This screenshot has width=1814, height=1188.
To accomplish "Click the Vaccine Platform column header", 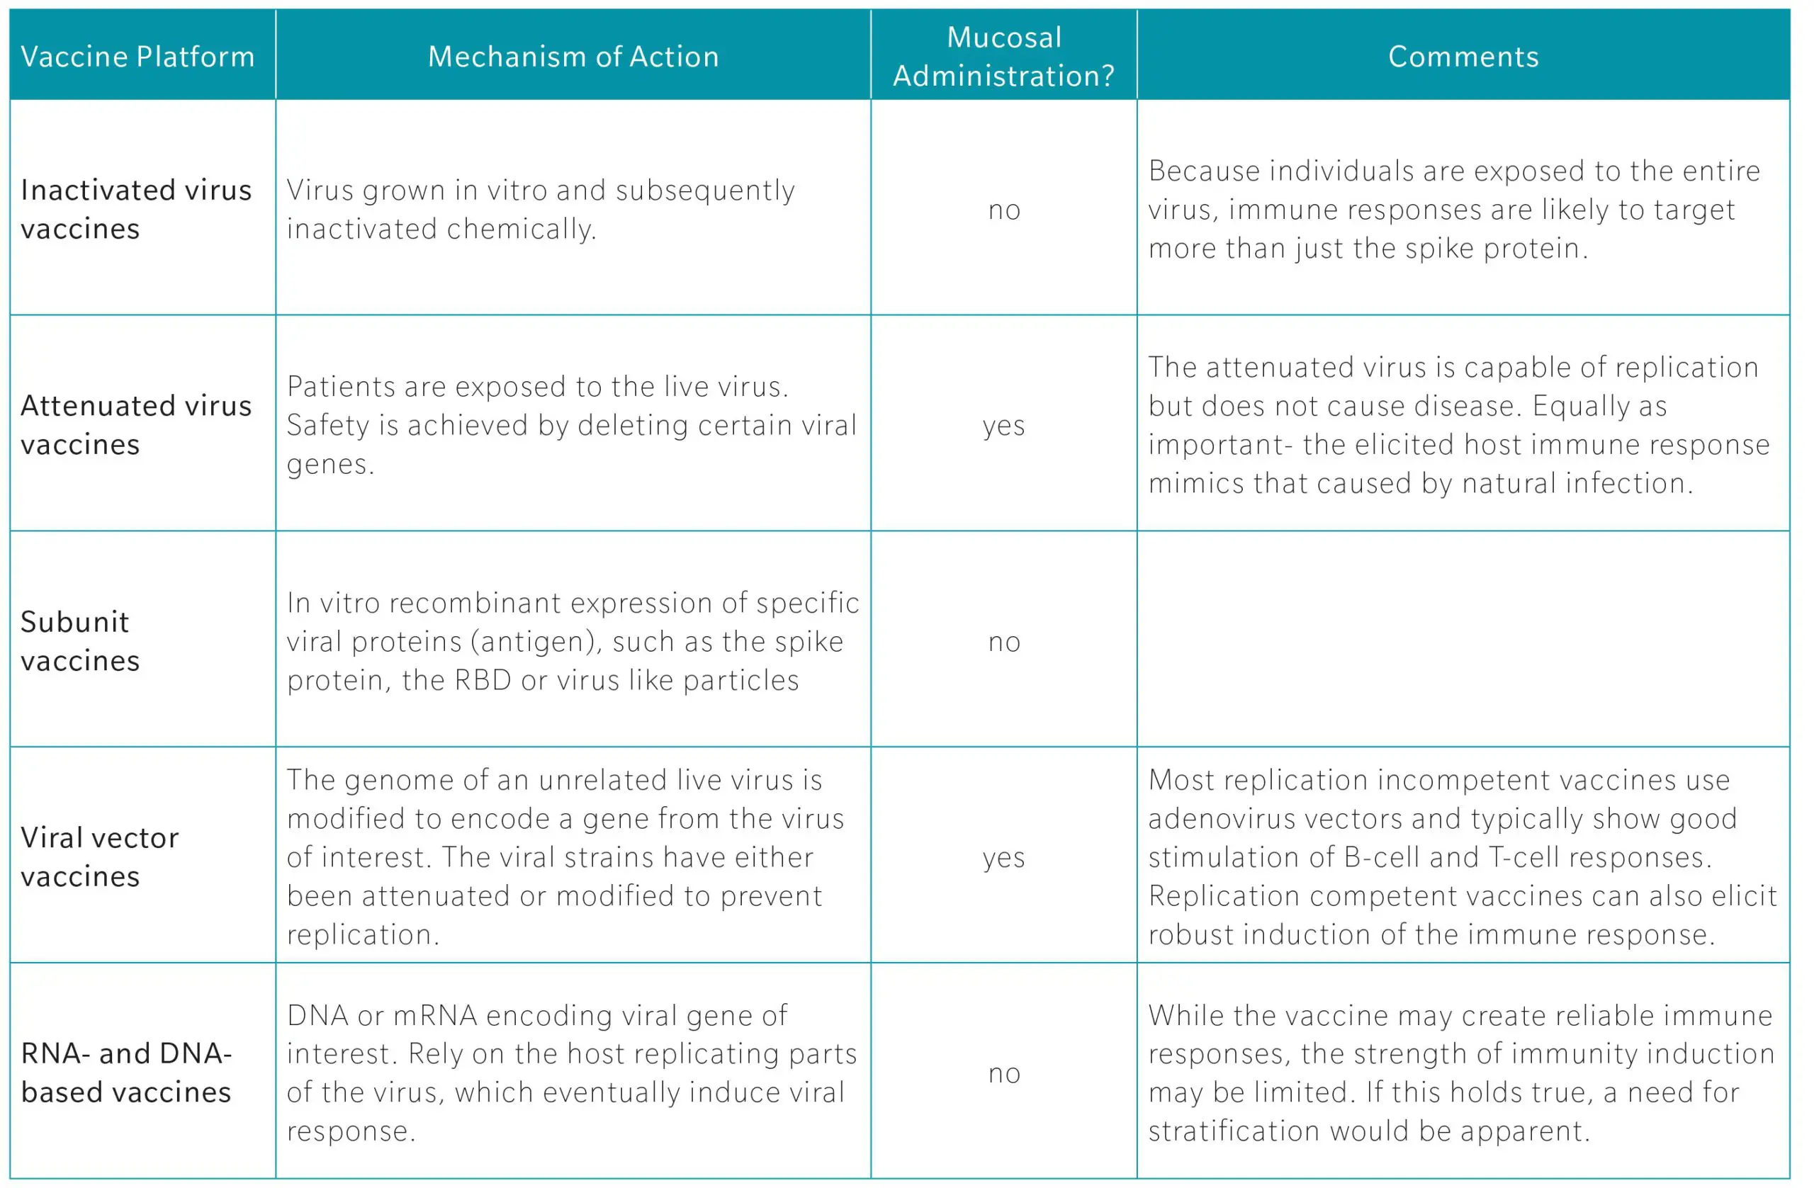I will (137, 57).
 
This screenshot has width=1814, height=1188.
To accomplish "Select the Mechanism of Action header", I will (573, 57).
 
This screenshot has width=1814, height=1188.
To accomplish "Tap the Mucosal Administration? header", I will (1004, 57).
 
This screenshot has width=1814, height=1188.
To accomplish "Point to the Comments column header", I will (1463, 57).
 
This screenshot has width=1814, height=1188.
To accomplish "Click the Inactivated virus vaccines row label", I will (135, 209).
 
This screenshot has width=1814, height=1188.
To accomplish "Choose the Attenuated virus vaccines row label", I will (135, 424).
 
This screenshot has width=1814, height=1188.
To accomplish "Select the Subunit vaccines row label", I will (80, 641).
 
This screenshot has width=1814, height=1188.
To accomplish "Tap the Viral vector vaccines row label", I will (99, 856).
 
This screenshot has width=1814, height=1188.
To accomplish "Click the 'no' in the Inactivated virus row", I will (1004, 210).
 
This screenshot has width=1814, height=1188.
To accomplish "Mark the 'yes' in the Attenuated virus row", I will (1004, 425).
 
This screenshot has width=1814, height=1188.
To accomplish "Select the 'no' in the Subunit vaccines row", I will (1004, 642).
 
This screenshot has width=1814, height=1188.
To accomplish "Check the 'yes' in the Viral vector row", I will (1004, 857).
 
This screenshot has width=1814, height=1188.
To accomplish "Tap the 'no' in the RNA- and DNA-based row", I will (1004, 1073).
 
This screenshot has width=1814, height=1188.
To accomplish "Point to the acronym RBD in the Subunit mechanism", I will (482, 680).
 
